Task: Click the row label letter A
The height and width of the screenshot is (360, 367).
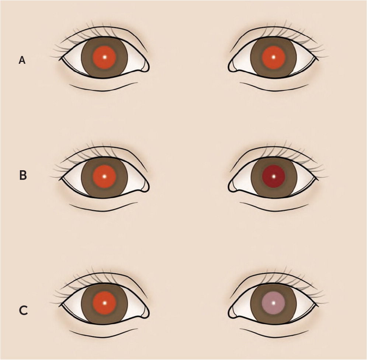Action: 22,60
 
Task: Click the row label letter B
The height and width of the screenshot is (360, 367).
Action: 23,175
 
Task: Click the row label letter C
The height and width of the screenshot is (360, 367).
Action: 23,311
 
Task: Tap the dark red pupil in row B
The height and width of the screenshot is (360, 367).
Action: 274,176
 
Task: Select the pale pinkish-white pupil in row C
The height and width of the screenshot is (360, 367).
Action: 274,303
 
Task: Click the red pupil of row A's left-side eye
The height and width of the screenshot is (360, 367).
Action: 104,57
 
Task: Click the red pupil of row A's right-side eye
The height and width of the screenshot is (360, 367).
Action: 273,57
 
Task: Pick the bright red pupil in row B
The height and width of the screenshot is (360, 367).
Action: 104,176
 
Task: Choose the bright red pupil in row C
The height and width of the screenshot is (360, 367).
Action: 104,303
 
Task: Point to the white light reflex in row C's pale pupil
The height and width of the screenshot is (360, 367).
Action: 274,303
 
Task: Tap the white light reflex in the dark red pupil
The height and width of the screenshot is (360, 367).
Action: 274,176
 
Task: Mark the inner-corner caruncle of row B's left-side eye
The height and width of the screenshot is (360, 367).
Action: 145,186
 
